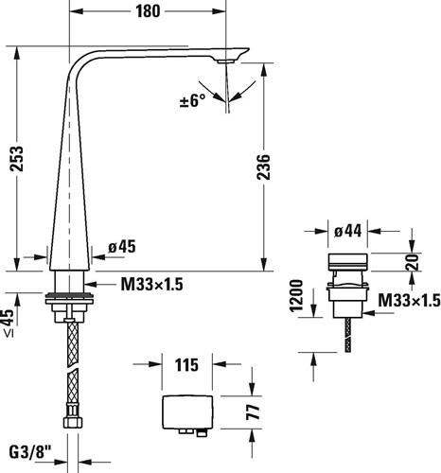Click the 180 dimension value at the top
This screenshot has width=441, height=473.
click(148, 11)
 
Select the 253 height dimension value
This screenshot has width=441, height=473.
click(17, 159)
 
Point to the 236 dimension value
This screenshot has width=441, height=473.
click(263, 167)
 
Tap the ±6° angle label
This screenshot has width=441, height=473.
click(193, 101)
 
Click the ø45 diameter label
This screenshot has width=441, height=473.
click(122, 246)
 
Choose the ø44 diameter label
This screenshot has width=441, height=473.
click(348, 231)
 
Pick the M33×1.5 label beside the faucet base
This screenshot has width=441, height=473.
click(152, 285)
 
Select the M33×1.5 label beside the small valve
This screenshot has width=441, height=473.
click(409, 300)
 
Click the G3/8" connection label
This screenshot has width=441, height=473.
click(30, 453)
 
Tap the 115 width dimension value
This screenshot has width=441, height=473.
click(186, 365)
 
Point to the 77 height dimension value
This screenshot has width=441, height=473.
click(254, 412)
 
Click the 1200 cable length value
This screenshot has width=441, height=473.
click(296, 295)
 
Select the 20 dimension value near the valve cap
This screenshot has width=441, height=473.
click(413, 262)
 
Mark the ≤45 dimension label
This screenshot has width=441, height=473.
click(9, 324)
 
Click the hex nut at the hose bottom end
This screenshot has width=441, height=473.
click(73, 422)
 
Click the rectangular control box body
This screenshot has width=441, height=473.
click(187, 412)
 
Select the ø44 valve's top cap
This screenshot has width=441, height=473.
click(348, 261)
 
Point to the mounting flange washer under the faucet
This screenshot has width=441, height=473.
click(69, 298)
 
